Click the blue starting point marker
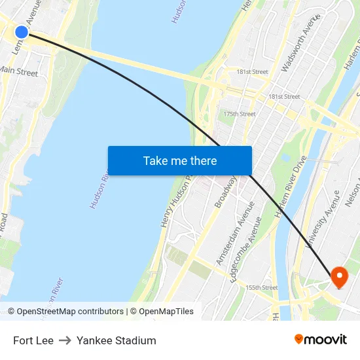pyautogui.click(x=22, y=32)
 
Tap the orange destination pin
pyautogui.click(x=339, y=277)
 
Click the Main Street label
pyautogui.click(x=19, y=72)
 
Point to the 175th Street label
pyautogui.click(x=239, y=114)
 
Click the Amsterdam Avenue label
pyautogui.click(x=231, y=242)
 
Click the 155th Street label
pyautogui.click(x=261, y=287)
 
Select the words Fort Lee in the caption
pyautogui.click(x=33, y=340)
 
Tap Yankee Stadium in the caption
pyautogui.click(x=117, y=340)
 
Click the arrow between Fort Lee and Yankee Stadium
pyautogui.click(x=65, y=340)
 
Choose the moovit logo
pyautogui.click(x=320, y=340)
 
